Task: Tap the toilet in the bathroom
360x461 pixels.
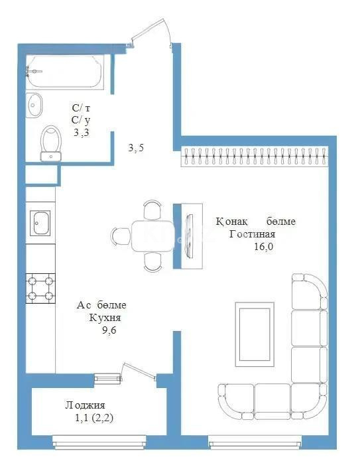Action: tap(50, 143)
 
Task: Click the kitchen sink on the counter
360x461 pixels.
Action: tap(40, 222)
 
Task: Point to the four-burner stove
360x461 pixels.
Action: tap(40, 289)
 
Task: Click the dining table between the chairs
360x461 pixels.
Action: tap(152, 235)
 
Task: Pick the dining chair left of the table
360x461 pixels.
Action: tap(121, 235)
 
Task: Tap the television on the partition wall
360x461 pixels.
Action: tap(191, 236)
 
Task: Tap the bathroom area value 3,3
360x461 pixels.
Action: tap(80, 132)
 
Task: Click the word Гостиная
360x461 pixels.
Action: tap(252, 234)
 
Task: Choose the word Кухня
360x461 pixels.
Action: tap(105, 318)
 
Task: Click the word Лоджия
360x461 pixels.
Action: tap(85, 405)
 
